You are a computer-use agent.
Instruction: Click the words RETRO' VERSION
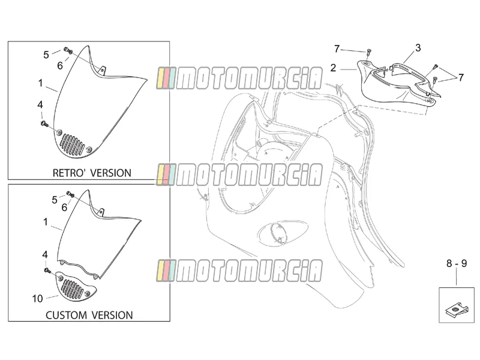92,173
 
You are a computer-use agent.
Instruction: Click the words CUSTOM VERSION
89,316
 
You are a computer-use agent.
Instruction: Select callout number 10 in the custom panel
37,298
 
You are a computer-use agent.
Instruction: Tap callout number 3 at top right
418,48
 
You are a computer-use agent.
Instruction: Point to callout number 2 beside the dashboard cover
334,68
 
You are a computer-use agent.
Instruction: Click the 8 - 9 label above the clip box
457,263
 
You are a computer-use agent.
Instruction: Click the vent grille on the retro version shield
73,145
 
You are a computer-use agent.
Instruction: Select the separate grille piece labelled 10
76,286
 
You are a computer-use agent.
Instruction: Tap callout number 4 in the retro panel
40,105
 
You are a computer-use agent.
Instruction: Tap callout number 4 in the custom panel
45,254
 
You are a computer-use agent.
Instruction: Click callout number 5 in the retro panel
46,55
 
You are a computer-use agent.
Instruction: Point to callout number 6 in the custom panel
64,208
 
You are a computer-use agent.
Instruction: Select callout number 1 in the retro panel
40,83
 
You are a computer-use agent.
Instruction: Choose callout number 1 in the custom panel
46,222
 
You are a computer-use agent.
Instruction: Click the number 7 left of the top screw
337,49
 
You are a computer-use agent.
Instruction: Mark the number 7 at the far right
461,78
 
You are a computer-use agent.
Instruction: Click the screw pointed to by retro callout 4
44,124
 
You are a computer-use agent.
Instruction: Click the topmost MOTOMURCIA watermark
239,78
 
